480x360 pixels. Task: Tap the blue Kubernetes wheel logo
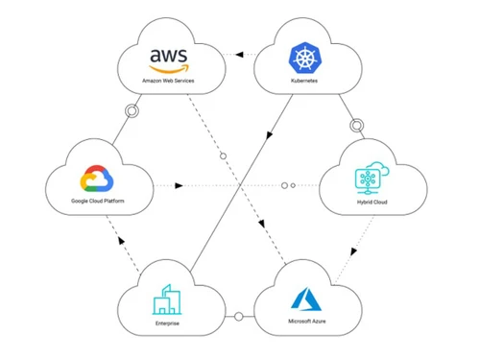[303, 60]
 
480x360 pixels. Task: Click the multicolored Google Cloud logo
[98, 180]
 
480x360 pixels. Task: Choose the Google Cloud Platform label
[98, 202]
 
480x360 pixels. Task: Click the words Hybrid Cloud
[369, 204]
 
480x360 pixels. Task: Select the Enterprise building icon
[166, 300]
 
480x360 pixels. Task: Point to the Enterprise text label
[166, 324]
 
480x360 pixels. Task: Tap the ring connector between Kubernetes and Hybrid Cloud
[357, 125]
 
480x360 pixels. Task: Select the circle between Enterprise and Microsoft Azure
[239, 316]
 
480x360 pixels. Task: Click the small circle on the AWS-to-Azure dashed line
[223, 156]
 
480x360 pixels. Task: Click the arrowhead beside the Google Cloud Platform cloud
[179, 184]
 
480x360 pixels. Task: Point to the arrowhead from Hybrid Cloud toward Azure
[353, 252]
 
